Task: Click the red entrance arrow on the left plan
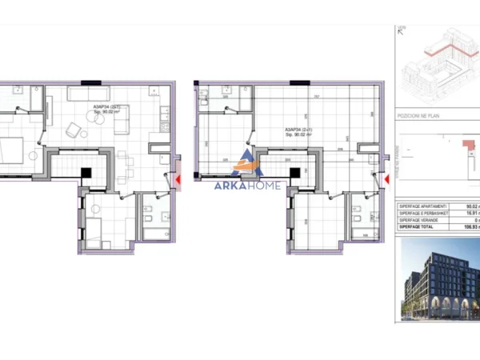coord(177,180)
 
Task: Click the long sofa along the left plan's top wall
coord(89,94)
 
